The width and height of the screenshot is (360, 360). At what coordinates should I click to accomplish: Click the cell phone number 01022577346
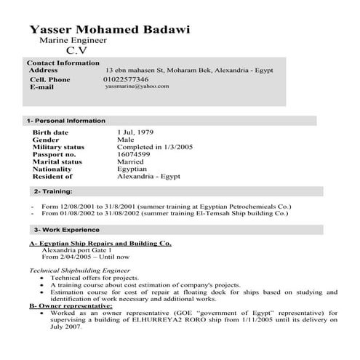pyautogui.click(x=126, y=79)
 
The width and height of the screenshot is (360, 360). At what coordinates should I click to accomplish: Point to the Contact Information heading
pyautogui.click(x=63, y=63)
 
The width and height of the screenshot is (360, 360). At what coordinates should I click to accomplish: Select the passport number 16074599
pyautogui.click(x=134, y=154)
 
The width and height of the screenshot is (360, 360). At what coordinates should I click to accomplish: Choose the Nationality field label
pyautogui.click(x=52, y=169)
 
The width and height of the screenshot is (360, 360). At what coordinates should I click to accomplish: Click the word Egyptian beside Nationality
pyautogui.click(x=132, y=169)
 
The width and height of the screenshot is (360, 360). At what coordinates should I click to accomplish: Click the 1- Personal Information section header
pyautogui.click(x=65, y=121)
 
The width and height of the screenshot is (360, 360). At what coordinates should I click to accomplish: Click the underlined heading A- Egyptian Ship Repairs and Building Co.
pyautogui.click(x=100, y=242)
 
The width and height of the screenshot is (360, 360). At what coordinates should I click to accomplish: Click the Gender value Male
pyautogui.click(x=125, y=140)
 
